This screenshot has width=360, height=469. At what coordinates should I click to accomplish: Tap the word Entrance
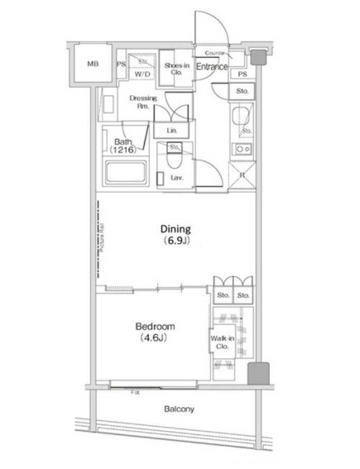212,66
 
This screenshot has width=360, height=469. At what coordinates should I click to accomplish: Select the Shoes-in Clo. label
175,69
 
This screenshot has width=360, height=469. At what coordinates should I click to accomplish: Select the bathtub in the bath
125,175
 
